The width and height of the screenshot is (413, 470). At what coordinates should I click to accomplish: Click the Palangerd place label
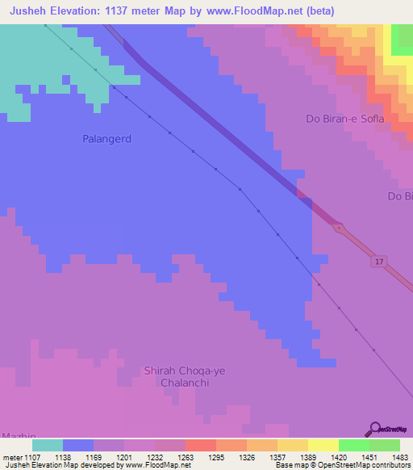click(106, 139)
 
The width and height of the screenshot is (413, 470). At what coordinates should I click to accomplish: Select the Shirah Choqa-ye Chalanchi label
click(177, 376)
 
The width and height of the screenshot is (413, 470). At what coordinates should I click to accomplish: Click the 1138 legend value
click(62, 456)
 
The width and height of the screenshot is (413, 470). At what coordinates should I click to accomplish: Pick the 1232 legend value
click(154, 456)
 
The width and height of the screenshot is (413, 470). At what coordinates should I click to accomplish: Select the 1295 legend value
click(215, 456)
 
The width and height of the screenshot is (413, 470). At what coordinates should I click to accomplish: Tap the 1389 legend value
click(307, 456)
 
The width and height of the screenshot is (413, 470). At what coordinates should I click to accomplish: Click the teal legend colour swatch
click(48, 445)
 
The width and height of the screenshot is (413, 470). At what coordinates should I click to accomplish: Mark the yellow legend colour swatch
click(323, 445)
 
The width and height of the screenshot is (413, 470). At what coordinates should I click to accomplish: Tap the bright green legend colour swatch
click(354, 445)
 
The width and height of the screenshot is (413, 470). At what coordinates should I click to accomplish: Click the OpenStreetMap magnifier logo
click(374, 428)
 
